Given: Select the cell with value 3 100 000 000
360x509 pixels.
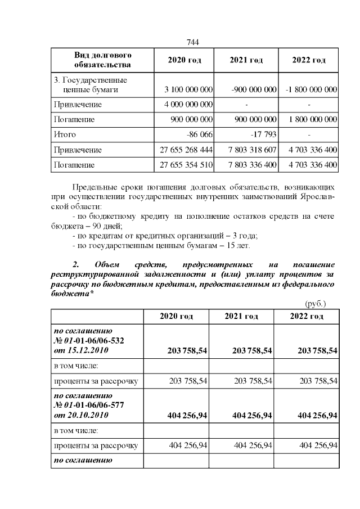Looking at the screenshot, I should (x=188, y=89).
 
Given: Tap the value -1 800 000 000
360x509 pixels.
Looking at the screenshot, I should (x=311, y=89).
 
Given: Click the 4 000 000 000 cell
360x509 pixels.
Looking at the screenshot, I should (x=188, y=105).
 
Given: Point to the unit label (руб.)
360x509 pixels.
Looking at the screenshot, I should (x=315, y=303).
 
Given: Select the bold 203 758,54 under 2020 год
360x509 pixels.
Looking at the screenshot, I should (x=188, y=350).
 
